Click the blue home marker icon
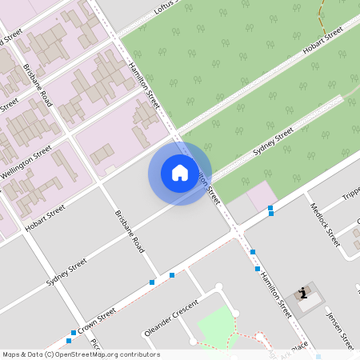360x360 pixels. (x=180, y=173)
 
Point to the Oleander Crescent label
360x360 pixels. (x=170, y=318)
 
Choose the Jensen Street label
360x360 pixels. (x=340, y=328)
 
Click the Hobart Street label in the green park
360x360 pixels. (x=322, y=41)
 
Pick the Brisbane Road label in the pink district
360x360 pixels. (x=38, y=86)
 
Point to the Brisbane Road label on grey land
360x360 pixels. (x=129, y=233)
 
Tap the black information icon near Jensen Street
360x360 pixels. (x=303, y=293)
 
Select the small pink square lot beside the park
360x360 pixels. (x=260, y=195)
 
